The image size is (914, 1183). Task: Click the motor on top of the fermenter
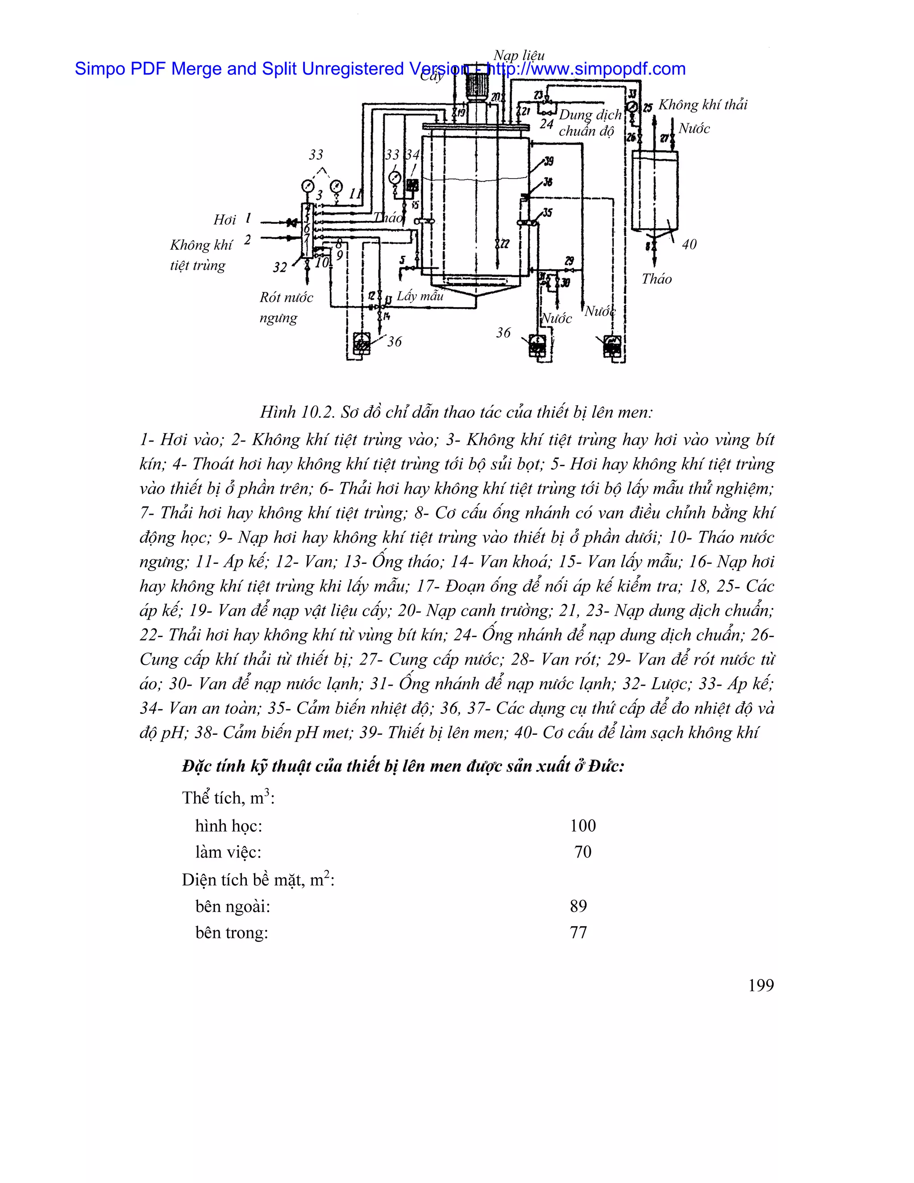477,87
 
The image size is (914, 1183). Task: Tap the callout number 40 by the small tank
689,244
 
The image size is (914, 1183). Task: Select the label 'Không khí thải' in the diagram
702,104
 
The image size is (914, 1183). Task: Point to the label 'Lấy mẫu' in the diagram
420,296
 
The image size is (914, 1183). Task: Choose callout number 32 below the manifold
279,267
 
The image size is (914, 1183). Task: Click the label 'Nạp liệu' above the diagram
519,55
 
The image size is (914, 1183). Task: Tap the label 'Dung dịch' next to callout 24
590,115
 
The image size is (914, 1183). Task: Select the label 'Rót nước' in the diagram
286,297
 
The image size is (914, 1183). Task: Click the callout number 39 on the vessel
548,161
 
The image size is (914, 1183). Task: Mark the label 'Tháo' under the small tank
656,279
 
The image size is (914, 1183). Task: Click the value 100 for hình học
582,825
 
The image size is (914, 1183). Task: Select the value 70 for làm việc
582,852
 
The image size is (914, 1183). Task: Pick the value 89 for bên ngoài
578,906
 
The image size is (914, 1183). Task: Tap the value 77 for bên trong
578,932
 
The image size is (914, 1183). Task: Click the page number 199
761,985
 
